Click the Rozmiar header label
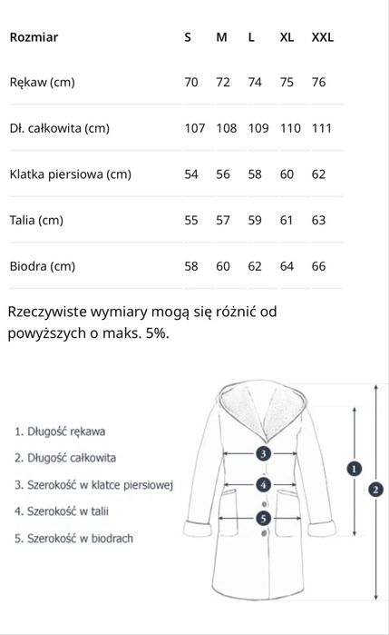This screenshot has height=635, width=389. (34, 37)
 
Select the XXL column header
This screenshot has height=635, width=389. (323, 37)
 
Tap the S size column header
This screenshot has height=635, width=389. (188, 37)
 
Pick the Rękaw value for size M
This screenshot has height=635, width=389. (223, 83)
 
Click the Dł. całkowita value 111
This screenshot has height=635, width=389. (322, 128)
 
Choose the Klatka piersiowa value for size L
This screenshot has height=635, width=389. (255, 174)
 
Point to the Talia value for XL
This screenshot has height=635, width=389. (287, 220)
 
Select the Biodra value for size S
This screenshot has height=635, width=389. (191, 266)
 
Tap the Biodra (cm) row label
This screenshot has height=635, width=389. (42, 266)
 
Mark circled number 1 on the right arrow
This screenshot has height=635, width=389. (355, 468)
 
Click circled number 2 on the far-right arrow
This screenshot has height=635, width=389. (375, 489)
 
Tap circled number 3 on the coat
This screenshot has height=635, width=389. (263, 452)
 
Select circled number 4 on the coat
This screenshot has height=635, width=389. (263, 484)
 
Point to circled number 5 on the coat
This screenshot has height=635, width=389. (263, 519)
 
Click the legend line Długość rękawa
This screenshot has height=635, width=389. (60, 432)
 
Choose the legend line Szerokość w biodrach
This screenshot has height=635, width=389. (73, 538)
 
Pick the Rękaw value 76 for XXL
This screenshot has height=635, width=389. (318, 83)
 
